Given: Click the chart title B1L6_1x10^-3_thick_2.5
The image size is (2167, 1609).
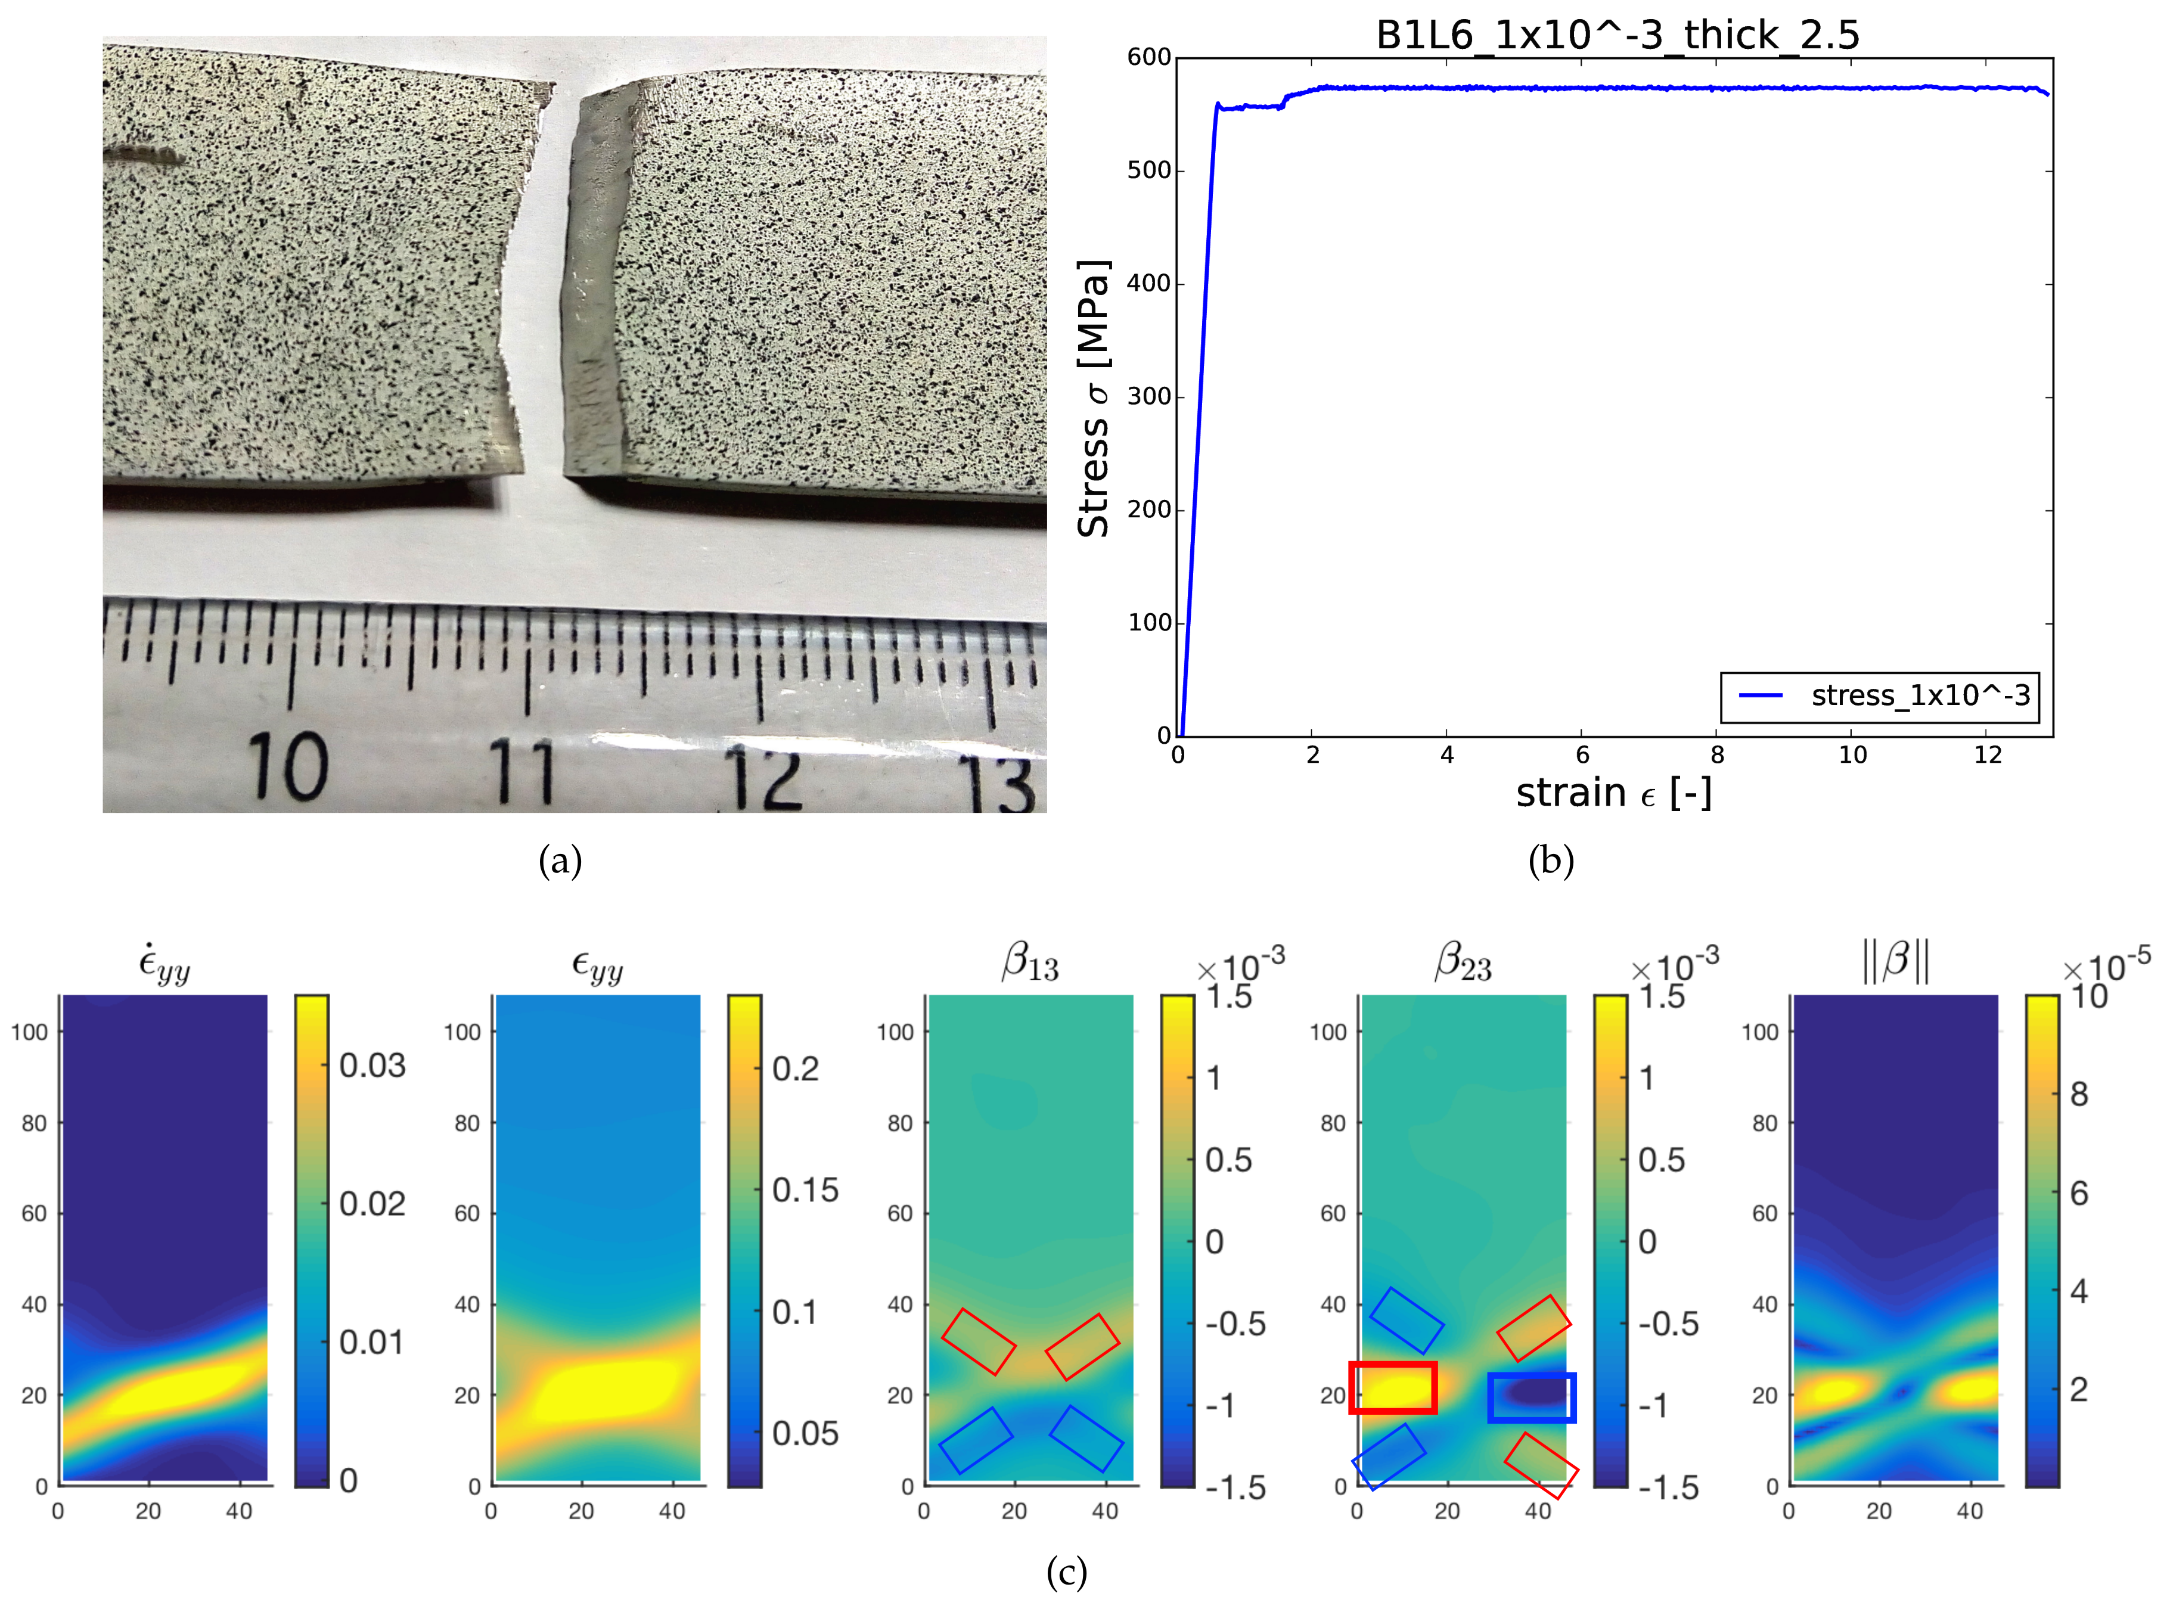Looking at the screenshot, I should click(1617, 35).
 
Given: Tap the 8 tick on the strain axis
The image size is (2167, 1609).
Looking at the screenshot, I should click(1717, 755).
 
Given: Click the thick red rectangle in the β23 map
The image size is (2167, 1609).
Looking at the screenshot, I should click(1393, 1388).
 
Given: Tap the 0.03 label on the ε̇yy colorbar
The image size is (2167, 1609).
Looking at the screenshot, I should click(372, 1066).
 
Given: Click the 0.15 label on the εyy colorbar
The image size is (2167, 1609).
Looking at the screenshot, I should click(805, 1190).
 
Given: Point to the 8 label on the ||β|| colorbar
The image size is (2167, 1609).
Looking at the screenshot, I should click(2078, 1095).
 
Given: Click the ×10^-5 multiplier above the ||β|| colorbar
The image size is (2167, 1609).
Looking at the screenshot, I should click(2107, 967).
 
